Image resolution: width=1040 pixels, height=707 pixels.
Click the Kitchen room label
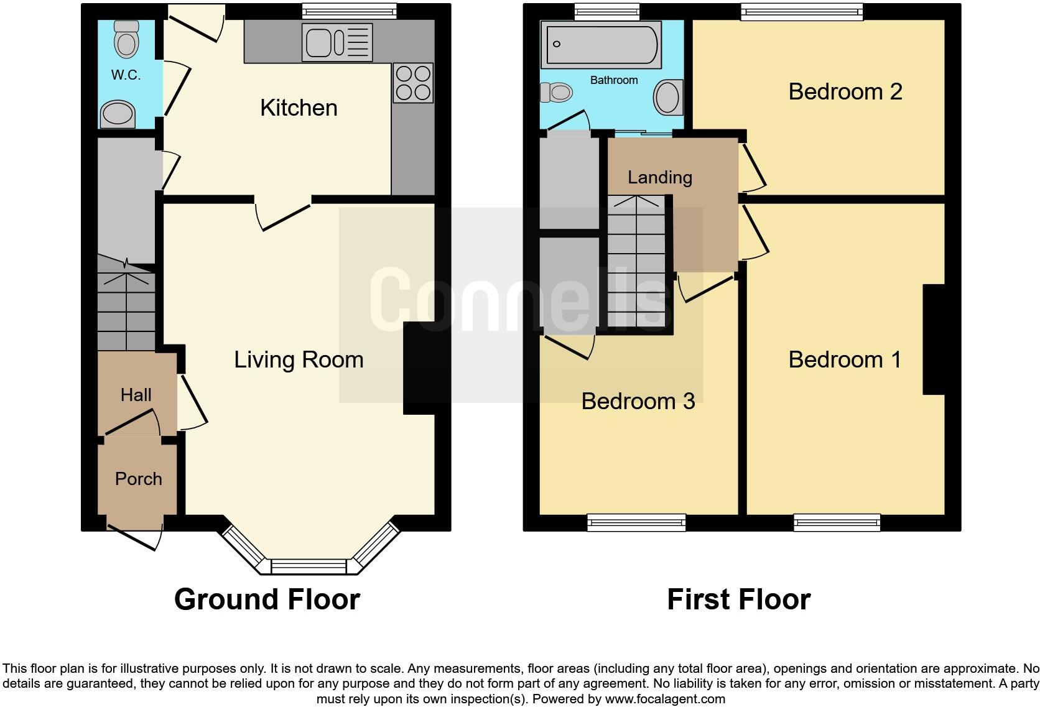299,108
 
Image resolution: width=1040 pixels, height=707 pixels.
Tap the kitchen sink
337,42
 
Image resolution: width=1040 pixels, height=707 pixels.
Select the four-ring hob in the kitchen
413,83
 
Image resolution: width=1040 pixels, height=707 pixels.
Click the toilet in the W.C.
127,40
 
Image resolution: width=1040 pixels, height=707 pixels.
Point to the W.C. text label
126,75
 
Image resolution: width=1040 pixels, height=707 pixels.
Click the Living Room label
299,359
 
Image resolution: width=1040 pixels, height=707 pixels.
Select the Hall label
136,395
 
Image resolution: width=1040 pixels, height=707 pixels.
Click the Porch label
138,479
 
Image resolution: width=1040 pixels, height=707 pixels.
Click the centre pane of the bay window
309,566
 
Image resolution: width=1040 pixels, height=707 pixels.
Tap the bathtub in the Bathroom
600,44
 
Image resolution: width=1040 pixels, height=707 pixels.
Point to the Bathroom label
613,80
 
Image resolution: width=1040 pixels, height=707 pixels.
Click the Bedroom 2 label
845,92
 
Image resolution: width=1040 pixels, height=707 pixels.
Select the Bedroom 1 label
844,359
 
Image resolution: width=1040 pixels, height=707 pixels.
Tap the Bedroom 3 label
638,401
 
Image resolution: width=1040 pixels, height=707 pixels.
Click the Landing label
659,178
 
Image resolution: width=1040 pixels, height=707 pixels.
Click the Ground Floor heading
267,599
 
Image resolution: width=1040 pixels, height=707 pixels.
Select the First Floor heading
738,600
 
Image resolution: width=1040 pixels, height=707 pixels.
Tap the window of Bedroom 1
837,522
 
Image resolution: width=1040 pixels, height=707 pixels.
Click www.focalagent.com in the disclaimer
664,699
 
